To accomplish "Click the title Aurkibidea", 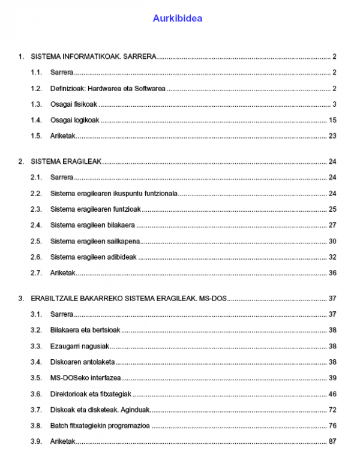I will [x=177, y=19].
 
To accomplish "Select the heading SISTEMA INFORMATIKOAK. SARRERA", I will [x=93, y=57].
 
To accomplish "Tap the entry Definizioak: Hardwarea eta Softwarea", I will [x=107, y=89].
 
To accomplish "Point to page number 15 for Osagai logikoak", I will [x=332, y=120].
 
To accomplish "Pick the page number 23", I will [x=332, y=136].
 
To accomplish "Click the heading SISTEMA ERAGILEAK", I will [x=66, y=162].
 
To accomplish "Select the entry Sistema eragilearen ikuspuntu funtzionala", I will [x=114, y=193].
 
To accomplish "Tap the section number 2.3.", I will [x=36, y=209].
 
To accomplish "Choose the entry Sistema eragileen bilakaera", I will [x=92, y=225].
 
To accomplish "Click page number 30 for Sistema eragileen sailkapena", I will [x=332, y=241].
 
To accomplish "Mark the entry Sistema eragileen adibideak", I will [x=94, y=257].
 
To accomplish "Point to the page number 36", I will [x=332, y=273].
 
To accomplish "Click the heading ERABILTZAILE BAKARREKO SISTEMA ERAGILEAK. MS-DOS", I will [x=128, y=298].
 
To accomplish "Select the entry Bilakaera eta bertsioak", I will [x=85, y=330].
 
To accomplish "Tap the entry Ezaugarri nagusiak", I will [x=80, y=346].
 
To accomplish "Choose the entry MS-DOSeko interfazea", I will [x=85, y=378].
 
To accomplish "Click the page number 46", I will [x=332, y=394].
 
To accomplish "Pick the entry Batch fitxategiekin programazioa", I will [x=100, y=426].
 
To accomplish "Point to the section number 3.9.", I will [x=36, y=441].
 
